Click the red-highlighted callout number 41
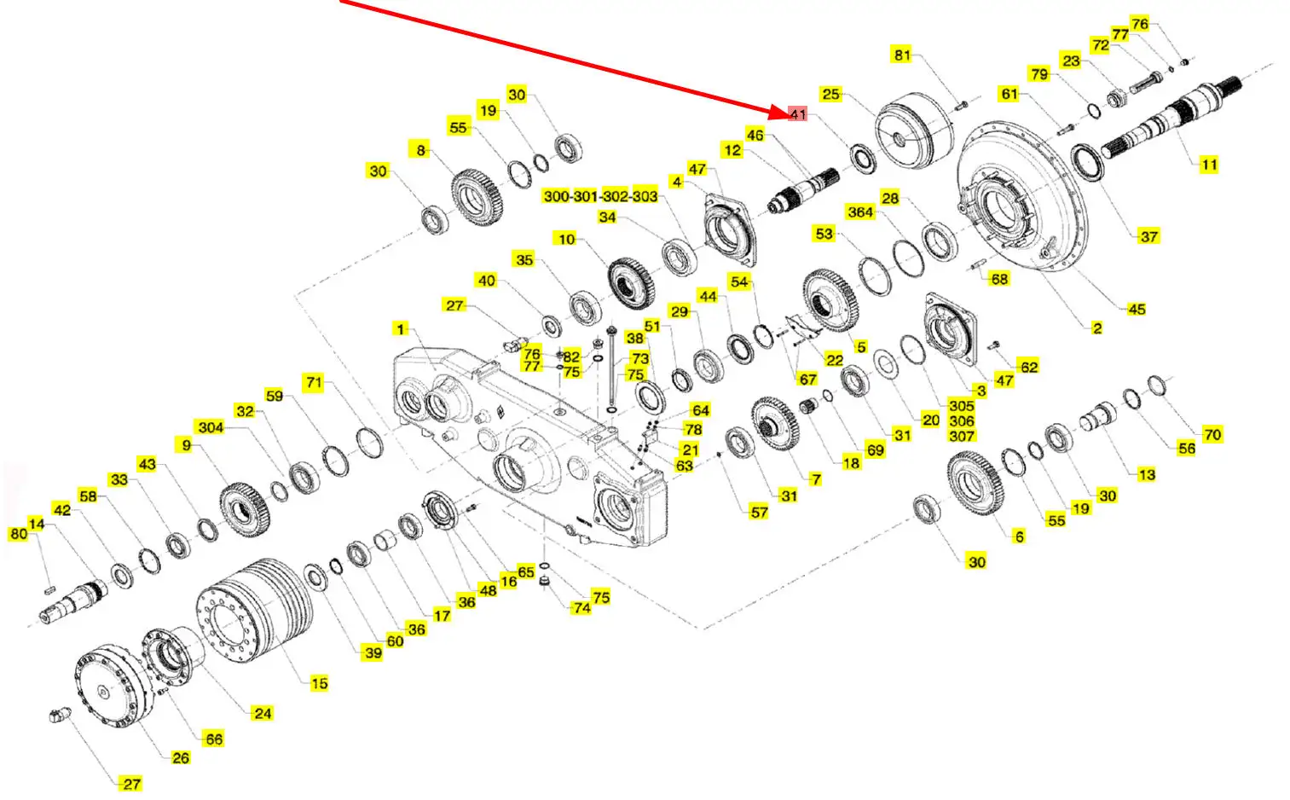[x=797, y=114]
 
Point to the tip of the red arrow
[x=788, y=114]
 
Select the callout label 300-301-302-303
[x=600, y=196]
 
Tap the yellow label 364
[x=860, y=212]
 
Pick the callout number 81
[x=902, y=55]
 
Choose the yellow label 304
[x=211, y=427]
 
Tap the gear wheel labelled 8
[x=477, y=198]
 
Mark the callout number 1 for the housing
[x=400, y=329]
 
